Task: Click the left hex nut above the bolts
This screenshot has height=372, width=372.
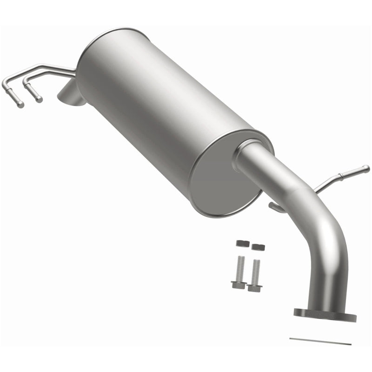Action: point(240,243)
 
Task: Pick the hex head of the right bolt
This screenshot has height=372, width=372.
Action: point(254,286)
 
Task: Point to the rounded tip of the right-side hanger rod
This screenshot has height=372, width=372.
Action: point(366,168)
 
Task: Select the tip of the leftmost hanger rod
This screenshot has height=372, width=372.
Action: point(20,105)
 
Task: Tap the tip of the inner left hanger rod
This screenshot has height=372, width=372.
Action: point(40,100)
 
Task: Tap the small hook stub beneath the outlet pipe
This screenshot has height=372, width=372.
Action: point(276,206)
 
